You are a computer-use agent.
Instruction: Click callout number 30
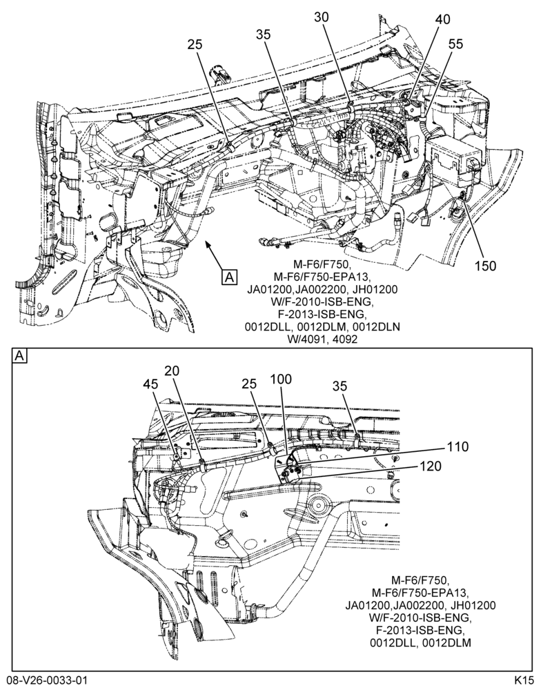[322, 17]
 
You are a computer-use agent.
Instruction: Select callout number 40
[442, 19]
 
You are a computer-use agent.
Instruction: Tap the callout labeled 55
[456, 43]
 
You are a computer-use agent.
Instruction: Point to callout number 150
[485, 266]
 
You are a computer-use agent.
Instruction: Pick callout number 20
[172, 371]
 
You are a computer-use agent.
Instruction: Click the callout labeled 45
[150, 384]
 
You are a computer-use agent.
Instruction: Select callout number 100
[280, 379]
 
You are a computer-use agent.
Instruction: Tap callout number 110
[458, 446]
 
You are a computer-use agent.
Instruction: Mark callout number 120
[431, 466]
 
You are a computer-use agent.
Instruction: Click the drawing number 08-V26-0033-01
[43, 680]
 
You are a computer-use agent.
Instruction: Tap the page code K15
[524, 680]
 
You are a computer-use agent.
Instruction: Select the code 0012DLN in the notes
[379, 327]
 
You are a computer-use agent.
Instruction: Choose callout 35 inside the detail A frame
[340, 386]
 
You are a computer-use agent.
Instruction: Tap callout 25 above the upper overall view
[195, 44]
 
